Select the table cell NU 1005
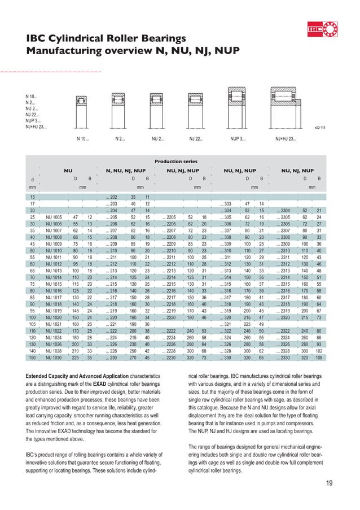click(54, 217)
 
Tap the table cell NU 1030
click(54, 357)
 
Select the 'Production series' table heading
click(181, 160)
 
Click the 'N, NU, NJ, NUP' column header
click(126, 170)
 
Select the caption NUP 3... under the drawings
click(238, 137)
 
